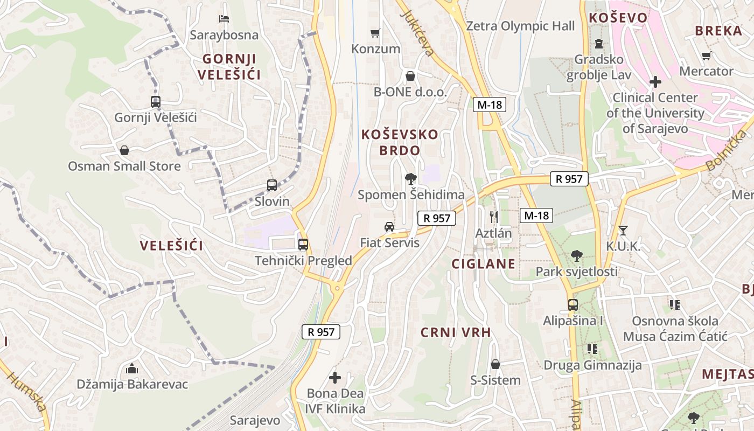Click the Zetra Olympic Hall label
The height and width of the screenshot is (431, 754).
[520, 26]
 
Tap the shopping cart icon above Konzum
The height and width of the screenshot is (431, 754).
[375, 33]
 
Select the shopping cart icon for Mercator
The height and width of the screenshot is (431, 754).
[707, 55]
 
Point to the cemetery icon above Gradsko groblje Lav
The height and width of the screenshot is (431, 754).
[598, 44]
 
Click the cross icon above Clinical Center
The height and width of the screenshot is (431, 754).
[655, 82]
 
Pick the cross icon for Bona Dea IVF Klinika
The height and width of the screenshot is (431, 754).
[335, 378]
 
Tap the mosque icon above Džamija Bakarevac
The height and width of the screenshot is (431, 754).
[132, 369]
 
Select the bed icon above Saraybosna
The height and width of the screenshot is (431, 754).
[224, 19]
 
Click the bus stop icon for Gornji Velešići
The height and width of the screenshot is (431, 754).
[156, 101]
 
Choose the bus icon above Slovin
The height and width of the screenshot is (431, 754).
[272, 185]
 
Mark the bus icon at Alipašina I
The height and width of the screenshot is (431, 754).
[573, 305]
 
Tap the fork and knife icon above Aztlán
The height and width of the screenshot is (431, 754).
[493, 217]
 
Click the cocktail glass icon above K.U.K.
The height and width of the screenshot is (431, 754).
[623, 231]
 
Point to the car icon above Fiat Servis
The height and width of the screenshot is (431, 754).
[389, 227]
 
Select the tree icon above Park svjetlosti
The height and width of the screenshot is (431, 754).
[576, 256]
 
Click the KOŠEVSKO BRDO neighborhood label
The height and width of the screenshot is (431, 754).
[400, 142]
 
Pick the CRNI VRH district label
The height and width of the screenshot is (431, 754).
[456, 332]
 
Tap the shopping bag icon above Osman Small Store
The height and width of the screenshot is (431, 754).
[124, 150]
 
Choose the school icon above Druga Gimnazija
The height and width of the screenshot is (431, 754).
[592, 349]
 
